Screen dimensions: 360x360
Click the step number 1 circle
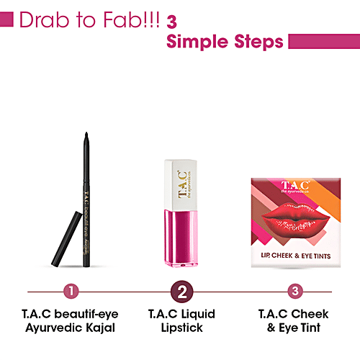point(70,292)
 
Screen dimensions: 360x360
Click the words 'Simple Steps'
point(225,42)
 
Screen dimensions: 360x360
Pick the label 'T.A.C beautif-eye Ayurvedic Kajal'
point(70,321)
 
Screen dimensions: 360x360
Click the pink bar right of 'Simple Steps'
point(323,41)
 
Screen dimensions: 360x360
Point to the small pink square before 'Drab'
point(7,19)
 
